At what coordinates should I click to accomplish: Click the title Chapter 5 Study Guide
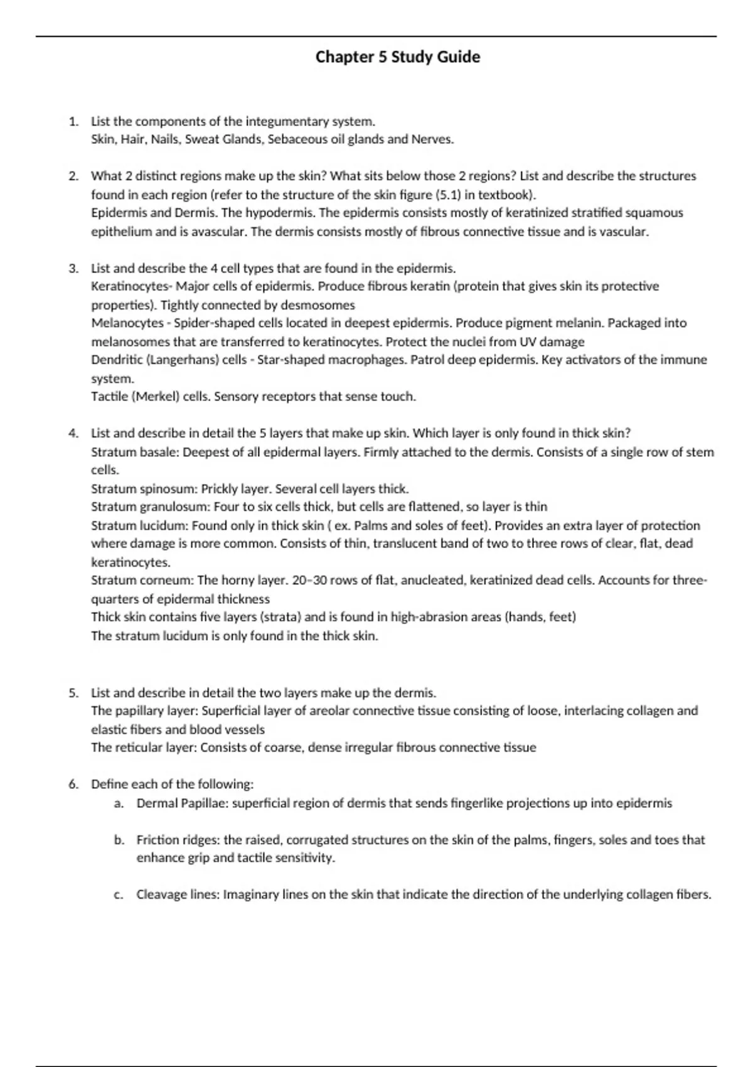(x=398, y=57)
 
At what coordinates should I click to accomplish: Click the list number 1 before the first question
(x=73, y=121)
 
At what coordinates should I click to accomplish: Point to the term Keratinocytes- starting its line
(x=132, y=287)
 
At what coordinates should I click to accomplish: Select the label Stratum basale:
(x=135, y=452)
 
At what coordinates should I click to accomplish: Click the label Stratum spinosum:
(x=144, y=489)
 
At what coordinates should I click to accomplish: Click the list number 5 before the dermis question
(x=73, y=693)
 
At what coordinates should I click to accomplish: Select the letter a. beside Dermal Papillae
(x=119, y=803)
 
